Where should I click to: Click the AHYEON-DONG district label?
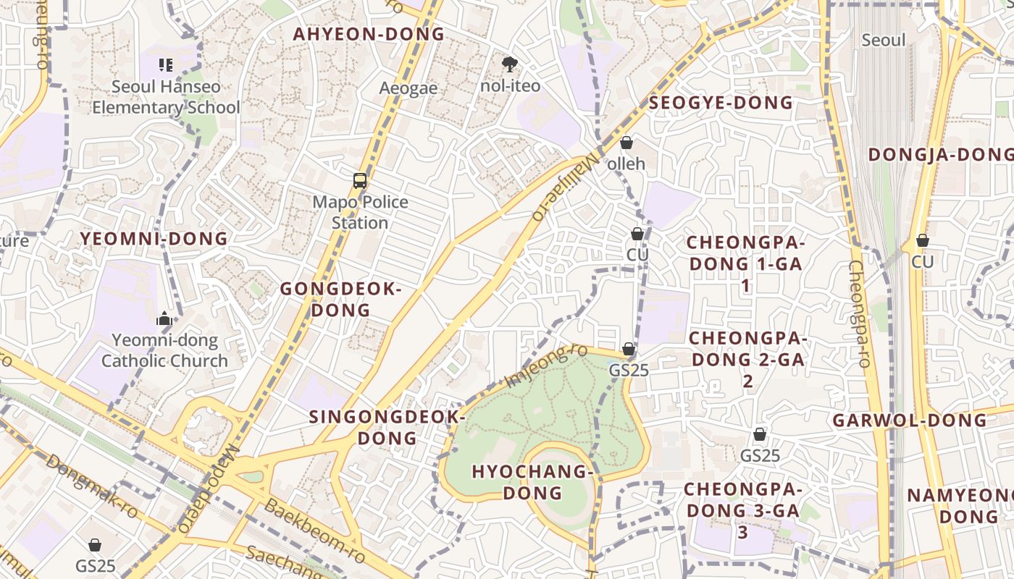[368, 34]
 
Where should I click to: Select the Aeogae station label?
[408, 88]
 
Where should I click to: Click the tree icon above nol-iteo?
[510, 64]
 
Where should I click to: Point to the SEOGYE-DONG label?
[721, 103]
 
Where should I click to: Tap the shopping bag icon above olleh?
[627, 143]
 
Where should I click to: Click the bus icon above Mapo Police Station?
[360, 180]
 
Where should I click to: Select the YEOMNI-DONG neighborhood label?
[154, 239]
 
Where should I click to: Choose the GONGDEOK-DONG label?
[340, 300]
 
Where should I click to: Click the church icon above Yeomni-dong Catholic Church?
[164, 318]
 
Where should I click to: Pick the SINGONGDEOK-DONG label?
[387, 428]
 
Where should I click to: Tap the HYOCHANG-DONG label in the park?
[532, 482]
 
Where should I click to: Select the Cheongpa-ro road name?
[859, 313]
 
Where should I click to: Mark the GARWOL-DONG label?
[909, 420]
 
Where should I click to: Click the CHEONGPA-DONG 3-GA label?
[742, 510]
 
